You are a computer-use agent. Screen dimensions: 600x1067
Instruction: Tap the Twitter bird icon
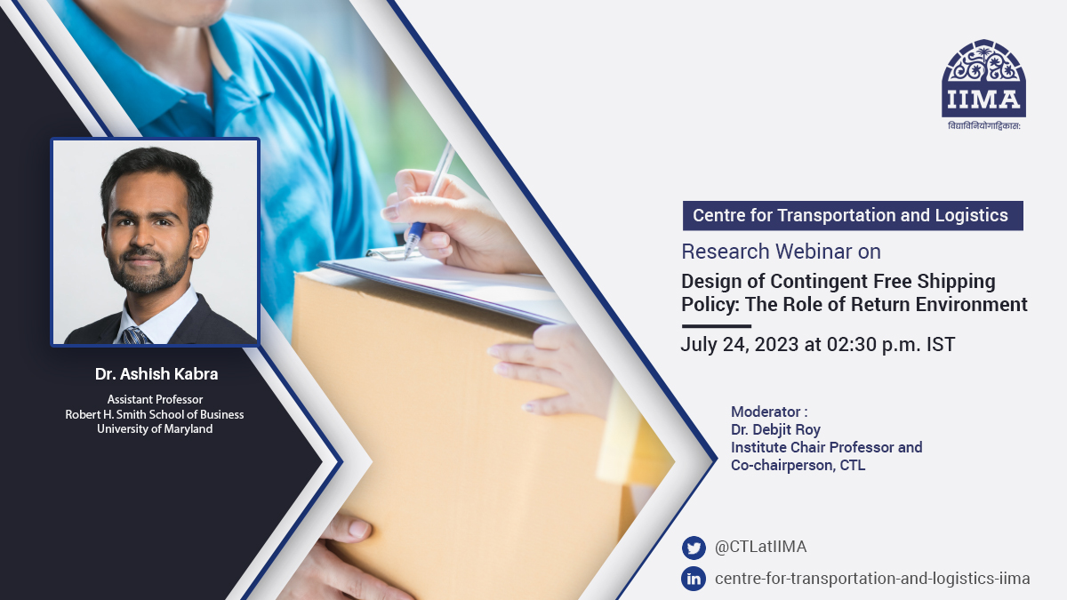[694, 548]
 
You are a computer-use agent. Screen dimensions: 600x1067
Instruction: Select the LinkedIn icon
[694, 579]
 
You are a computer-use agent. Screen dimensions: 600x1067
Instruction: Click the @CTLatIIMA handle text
[760, 548]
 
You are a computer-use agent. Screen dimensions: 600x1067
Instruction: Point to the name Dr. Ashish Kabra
[156, 374]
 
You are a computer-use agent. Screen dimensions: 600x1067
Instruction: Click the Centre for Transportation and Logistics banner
[851, 215]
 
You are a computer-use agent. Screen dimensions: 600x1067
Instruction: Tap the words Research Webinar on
[781, 252]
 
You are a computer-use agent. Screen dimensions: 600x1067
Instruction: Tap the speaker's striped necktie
[136, 335]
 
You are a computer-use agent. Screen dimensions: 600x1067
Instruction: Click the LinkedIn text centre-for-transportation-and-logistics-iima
[872, 579]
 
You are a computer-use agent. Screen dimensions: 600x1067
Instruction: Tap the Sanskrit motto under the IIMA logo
[983, 126]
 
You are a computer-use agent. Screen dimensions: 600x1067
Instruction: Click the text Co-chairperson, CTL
[798, 465]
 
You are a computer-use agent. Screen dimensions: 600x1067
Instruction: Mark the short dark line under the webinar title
[716, 326]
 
